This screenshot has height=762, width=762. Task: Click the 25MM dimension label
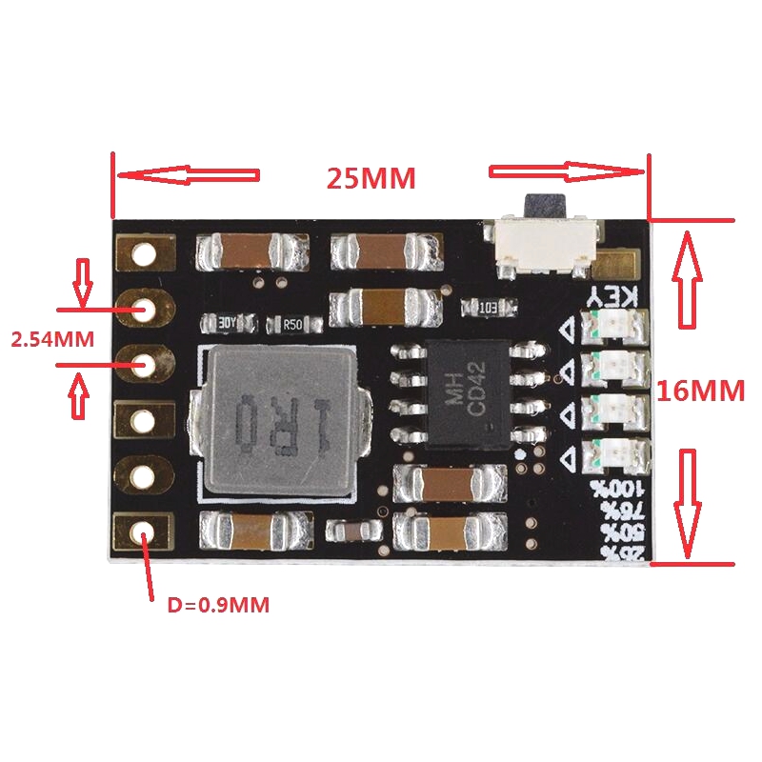pos(371,179)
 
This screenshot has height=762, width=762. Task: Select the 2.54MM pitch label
pos(51,338)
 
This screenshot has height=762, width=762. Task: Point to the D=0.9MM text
pos(218,604)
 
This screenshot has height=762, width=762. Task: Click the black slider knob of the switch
pos(544,204)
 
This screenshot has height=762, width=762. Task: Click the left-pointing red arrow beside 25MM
pos(187,175)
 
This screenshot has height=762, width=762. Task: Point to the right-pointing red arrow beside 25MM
pos(568,172)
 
